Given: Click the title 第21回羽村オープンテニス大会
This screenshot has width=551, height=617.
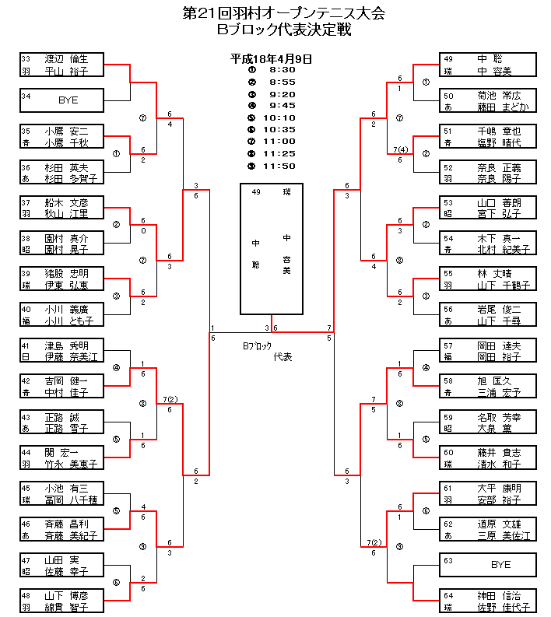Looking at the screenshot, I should pyautogui.click(x=284, y=14).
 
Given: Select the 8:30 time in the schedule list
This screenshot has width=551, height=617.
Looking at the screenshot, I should pyautogui.click(x=283, y=69).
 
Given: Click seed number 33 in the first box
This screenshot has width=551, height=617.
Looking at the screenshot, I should pyautogui.click(x=26, y=58).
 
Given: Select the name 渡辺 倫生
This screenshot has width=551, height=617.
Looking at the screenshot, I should pyautogui.click(x=66, y=58).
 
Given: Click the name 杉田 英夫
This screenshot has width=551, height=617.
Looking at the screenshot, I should pyautogui.click(x=66, y=167).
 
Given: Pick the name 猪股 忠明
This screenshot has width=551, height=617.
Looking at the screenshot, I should pyautogui.click(x=66, y=274).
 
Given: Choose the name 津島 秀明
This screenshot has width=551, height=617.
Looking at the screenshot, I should pyautogui.click(x=66, y=345).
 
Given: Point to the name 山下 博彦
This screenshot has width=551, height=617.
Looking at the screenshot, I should pyautogui.click(x=66, y=596).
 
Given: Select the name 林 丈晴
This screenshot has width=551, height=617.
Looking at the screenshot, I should pyautogui.click(x=493, y=274).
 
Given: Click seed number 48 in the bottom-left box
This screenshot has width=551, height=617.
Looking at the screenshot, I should pyautogui.click(x=26, y=596).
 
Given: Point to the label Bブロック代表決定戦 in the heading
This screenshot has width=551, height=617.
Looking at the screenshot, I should pyautogui.click(x=284, y=30).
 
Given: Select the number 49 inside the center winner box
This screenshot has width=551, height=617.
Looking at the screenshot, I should pyautogui.click(x=256, y=191).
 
